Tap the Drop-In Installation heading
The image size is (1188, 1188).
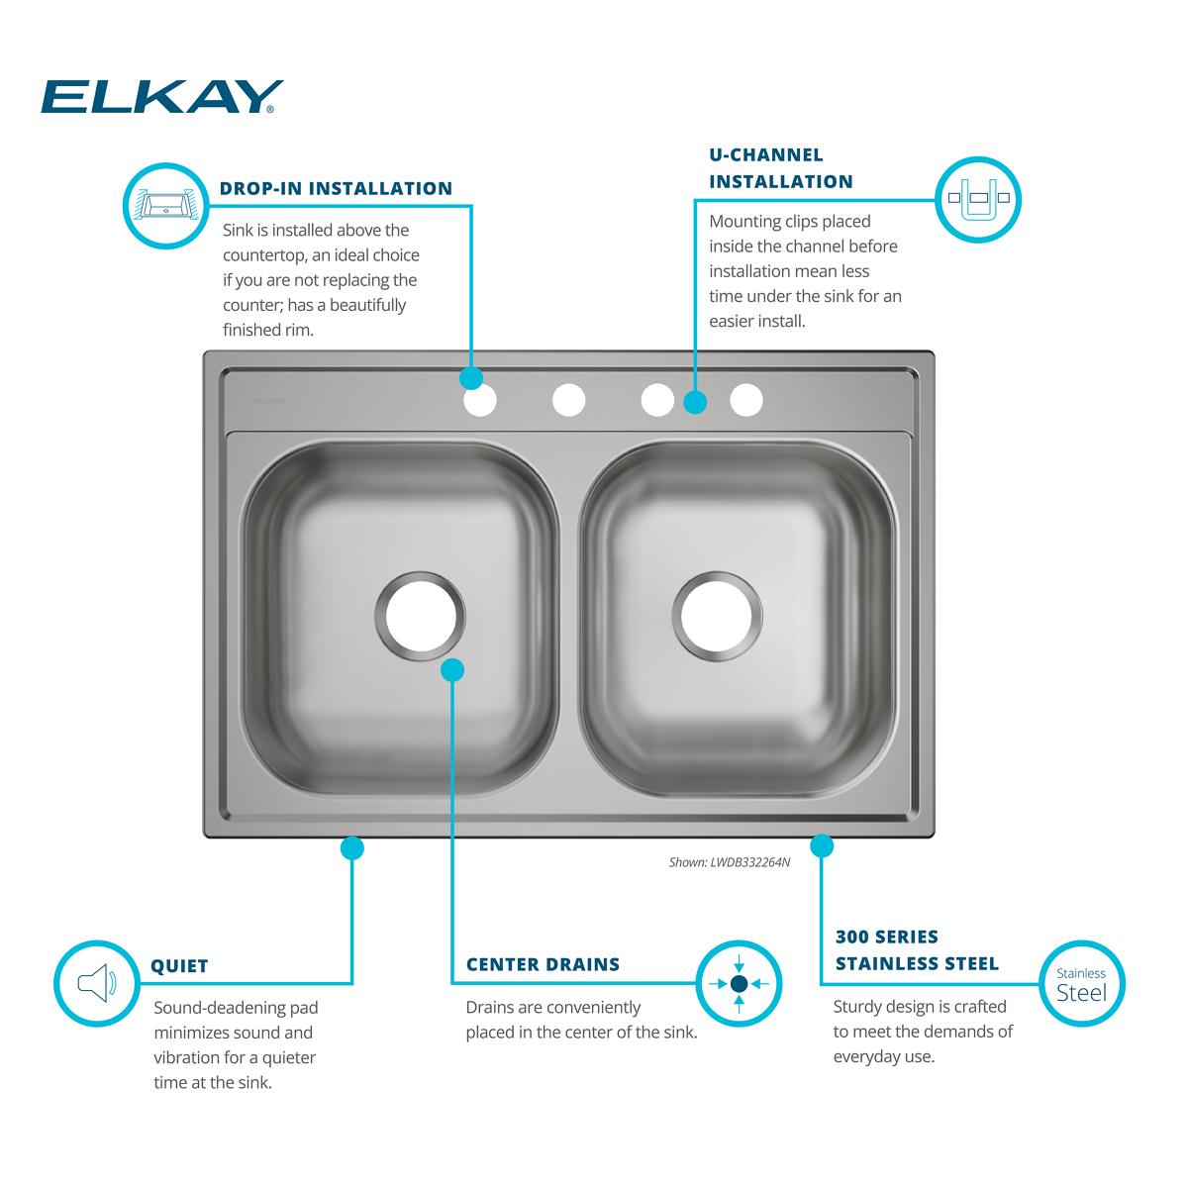tap(336, 188)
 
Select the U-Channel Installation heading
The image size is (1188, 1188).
tap(780, 168)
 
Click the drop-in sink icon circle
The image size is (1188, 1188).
tap(165, 204)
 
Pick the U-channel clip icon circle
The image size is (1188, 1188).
tap(978, 198)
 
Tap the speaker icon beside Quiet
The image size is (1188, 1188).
tap(96, 983)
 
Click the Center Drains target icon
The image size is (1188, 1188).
tap(739, 983)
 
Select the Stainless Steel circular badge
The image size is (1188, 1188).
tap(1081, 983)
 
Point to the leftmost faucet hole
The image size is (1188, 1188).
tap(480, 401)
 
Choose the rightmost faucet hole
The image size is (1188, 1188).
tap(746, 401)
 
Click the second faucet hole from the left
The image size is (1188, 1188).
tap(569, 401)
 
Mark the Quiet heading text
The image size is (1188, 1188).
tap(179, 966)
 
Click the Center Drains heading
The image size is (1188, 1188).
tap(543, 964)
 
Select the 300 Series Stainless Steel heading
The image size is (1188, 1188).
tap(917, 949)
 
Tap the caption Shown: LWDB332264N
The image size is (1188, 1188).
tap(730, 862)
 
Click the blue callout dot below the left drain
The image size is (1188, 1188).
tap(451, 670)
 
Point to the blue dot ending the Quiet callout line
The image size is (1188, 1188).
tap(351, 847)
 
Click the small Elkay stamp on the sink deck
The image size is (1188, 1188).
tap(267, 402)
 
